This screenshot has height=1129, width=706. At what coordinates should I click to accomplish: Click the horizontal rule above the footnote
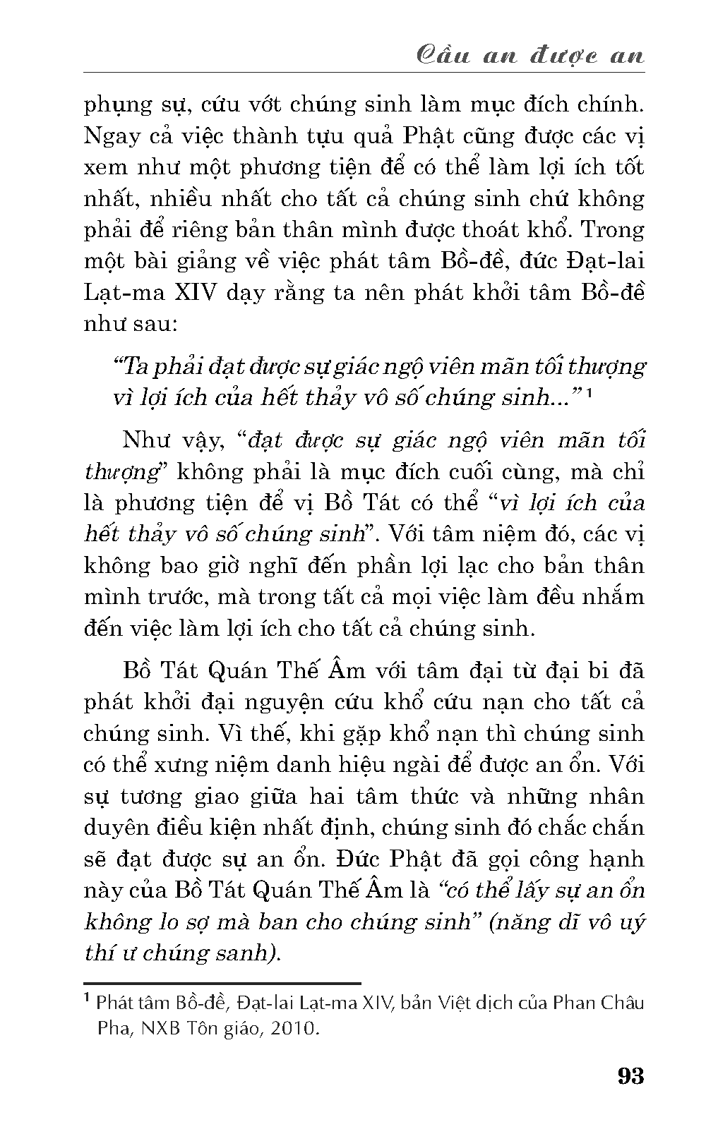click(222, 982)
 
